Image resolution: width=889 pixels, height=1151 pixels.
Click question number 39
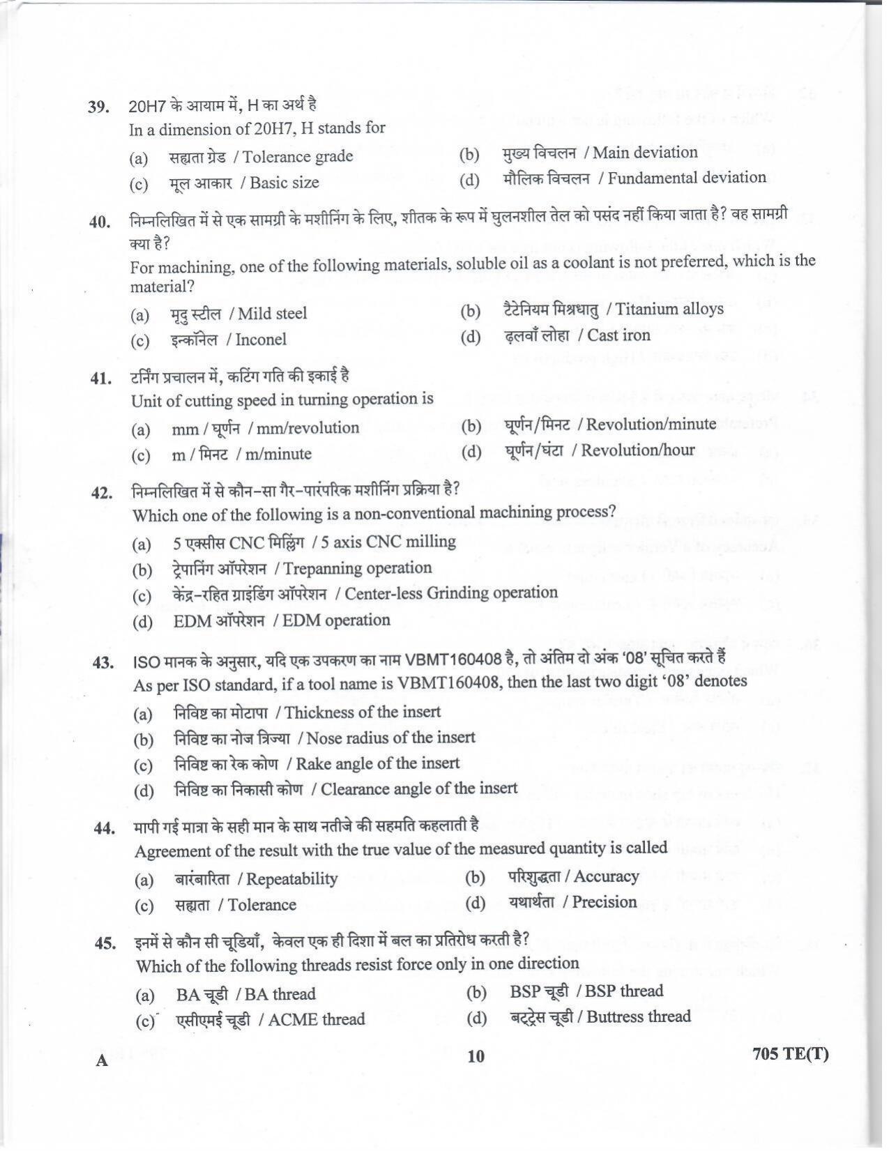(98, 107)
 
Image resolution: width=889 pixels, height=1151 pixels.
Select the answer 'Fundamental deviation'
(686, 178)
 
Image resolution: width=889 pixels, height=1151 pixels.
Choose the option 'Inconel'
(261, 340)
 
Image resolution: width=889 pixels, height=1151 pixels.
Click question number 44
(104, 828)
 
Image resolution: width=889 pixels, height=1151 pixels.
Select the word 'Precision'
(605, 903)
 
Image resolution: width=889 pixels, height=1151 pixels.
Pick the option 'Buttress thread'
(639, 1017)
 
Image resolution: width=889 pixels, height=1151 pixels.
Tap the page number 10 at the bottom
(476, 1057)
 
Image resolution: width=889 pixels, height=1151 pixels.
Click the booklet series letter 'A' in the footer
(102, 1061)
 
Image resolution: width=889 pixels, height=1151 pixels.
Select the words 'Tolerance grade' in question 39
(298, 157)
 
